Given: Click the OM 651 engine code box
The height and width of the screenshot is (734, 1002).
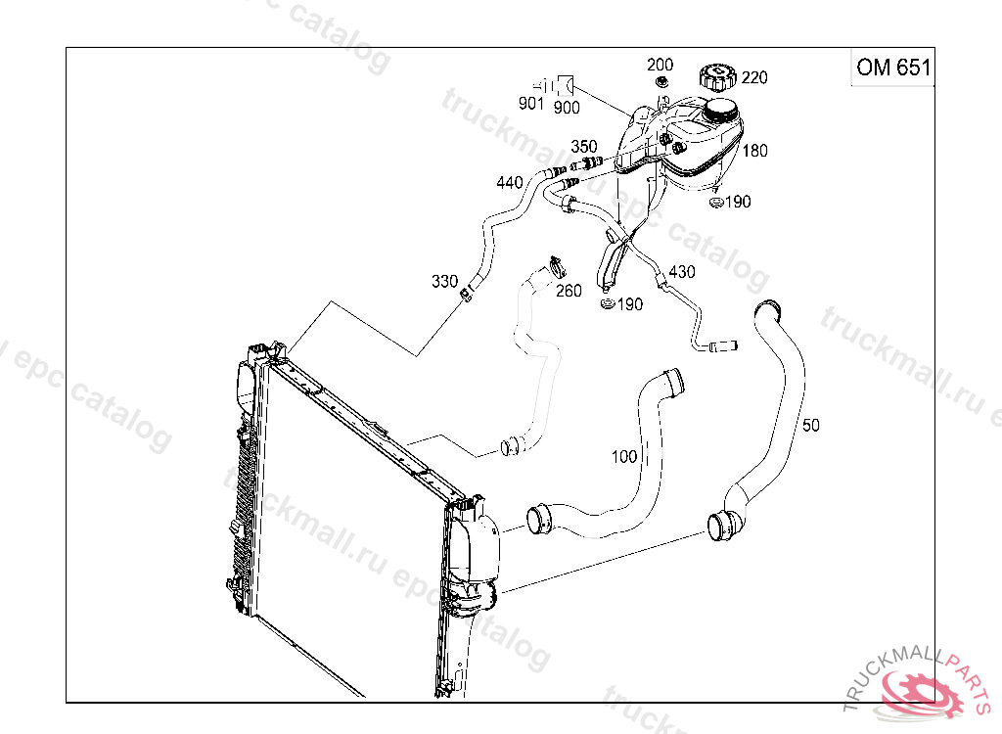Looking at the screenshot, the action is (x=891, y=68).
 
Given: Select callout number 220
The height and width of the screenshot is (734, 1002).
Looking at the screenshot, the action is (x=754, y=77).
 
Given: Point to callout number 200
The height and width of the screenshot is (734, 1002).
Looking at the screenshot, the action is (x=660, y=65).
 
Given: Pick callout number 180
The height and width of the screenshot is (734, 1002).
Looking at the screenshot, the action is (x=754, y=151).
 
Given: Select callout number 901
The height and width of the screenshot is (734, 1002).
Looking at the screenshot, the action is (x=531, y=104).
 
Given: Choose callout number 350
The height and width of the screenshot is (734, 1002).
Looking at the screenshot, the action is (x=584, y=147).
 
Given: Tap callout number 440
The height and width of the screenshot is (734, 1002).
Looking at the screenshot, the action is (x=510, y=182).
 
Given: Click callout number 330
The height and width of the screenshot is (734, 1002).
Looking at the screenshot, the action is (x=445, y=282).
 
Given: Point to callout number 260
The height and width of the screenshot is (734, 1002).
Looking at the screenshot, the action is (x=568, y=291).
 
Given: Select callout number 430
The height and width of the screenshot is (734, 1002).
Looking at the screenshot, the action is (x=681, y=271).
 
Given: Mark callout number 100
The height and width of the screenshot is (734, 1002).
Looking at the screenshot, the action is (x=624, y=456).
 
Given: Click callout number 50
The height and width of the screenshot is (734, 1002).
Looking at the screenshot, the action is (x=810, y=425).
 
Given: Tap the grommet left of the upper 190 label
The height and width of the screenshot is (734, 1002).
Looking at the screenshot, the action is (x=715, y=203).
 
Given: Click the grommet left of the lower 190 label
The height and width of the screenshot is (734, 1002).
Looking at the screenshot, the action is (x=607, y=305).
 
